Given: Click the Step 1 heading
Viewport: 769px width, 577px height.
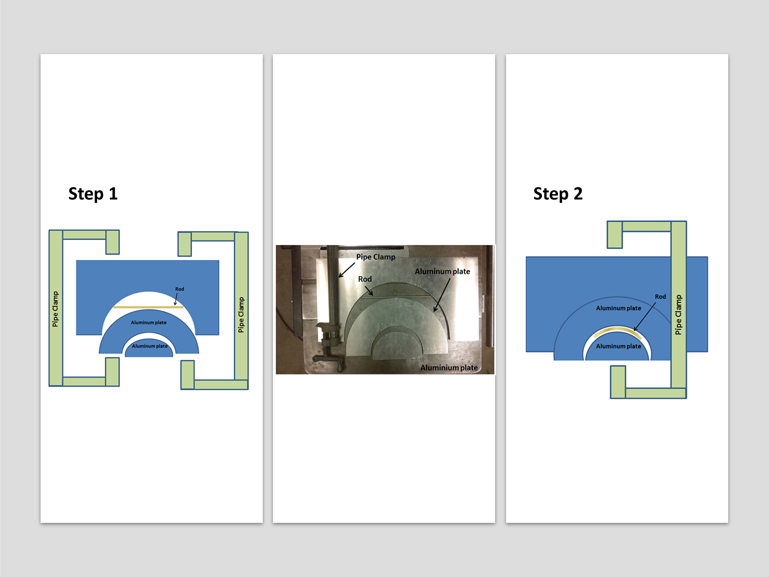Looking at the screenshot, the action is coord(93,194).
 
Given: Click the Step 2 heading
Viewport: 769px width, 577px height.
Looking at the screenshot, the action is coord(558,194).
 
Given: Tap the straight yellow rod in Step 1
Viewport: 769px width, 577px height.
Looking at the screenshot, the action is coord(148,307).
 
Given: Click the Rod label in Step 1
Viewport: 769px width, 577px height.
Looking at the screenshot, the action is coord(180,289).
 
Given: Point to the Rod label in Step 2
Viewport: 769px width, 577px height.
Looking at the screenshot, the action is coord(660,297).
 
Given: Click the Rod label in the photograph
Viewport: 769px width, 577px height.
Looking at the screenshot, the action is coord(365,279).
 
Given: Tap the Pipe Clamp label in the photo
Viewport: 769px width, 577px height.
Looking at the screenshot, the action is coord(376,257).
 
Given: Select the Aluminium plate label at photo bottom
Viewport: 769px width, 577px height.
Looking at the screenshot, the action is coord(449,368).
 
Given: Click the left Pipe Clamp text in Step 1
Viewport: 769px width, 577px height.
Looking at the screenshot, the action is coord(55,309).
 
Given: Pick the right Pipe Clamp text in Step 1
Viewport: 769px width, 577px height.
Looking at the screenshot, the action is coord(241,315).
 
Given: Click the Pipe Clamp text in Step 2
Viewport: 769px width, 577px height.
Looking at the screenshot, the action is coord(679,315).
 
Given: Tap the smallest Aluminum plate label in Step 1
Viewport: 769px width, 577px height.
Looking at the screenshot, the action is coord(150,346).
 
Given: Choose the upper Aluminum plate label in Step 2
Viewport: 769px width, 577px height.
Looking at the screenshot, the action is coord(618,308).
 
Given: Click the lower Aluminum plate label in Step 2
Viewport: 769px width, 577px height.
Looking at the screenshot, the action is coord(618,346).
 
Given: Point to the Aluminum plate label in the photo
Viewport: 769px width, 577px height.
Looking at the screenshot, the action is coord(442,272).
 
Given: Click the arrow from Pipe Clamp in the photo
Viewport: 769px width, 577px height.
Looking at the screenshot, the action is coord(347,270).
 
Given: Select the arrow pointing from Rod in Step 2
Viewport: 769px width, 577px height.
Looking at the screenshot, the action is coord(645,317).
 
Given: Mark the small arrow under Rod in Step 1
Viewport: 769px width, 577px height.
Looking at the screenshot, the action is coord(176,299).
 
